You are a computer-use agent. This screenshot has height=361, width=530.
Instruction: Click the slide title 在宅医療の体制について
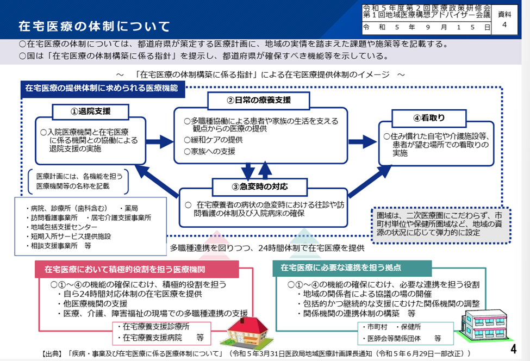(94, 26)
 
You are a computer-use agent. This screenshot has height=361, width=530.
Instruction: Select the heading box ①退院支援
(91, 111)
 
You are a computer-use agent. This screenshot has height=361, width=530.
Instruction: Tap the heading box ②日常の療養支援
(258, 100)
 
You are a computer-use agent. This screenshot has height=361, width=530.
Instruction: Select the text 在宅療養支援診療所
(156, 327)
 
